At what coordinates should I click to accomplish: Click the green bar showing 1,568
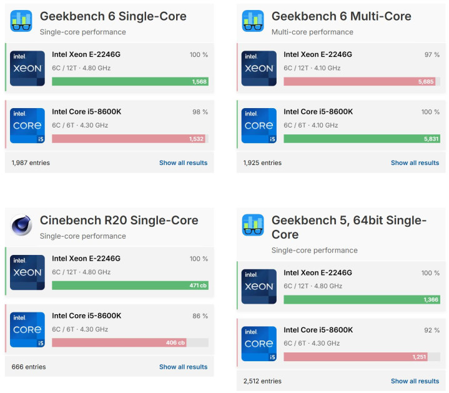click(130, 81)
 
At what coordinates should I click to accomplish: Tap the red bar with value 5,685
click(359, 81)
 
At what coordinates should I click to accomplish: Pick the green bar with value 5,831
click(362, 139)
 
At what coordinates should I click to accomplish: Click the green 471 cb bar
click(130, 286)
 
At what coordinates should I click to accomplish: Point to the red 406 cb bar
click(119, 342)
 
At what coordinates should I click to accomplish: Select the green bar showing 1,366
click(362, 300)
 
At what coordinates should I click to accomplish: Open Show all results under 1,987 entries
click(183, 163)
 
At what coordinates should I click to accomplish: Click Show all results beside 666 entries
click(183, 367)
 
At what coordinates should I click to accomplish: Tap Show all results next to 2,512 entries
click(415, 381)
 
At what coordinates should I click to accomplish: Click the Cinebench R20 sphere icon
click(21, 225)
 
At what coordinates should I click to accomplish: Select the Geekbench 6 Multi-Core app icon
click(253, 21)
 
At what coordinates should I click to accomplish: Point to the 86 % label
click(200, 316)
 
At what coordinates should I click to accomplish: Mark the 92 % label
click(432, 331)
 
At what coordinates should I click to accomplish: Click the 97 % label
click(432, 55)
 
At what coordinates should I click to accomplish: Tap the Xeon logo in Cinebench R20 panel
click(27, 272)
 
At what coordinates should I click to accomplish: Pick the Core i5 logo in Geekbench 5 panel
click(259, 344)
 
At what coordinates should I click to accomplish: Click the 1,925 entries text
click(262, 163)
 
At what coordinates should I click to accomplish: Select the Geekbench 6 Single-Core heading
click(113, 16)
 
